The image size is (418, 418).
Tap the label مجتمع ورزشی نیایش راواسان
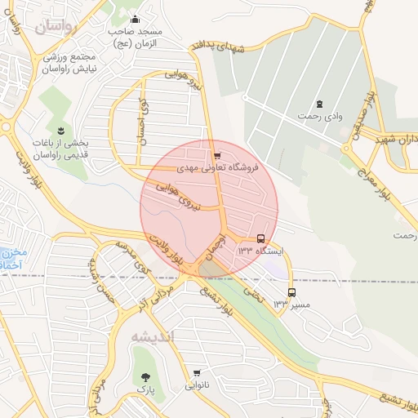(x=67, y=64)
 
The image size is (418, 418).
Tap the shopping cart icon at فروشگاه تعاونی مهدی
(x=216, y=155)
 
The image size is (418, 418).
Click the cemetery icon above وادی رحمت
(x=319, y=104)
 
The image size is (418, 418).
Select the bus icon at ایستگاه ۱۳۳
(x=260, y=239)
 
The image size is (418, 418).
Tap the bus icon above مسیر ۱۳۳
(x=291, y=292)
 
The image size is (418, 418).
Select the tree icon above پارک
(x=146, y=377)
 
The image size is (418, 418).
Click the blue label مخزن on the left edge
(x=13, y=252)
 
